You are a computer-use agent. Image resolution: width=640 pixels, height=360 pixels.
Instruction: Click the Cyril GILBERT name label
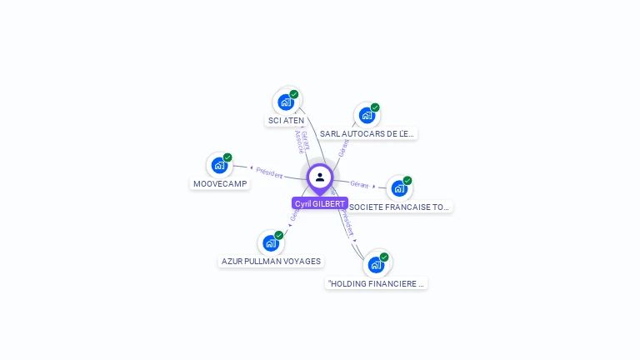[320, 203]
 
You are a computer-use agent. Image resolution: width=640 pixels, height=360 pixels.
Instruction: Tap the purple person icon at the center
[320, 177]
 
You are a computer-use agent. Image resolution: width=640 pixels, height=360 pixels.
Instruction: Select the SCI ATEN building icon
[286, 102]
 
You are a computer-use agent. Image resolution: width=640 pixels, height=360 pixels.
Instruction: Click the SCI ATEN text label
[286, 120]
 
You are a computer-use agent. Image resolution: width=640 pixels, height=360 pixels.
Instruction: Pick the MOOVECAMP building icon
[219, 165]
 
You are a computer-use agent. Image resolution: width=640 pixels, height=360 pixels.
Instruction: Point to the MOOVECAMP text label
[220, 183]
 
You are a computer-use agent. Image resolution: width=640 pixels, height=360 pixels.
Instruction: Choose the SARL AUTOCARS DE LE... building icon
[367, 116]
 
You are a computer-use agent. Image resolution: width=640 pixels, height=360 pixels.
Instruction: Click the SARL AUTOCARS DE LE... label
[367, 133]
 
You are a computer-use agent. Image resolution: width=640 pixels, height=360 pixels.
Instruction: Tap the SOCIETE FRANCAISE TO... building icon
[399, 188]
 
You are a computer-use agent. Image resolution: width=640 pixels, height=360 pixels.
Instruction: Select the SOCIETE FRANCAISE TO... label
[399, 207]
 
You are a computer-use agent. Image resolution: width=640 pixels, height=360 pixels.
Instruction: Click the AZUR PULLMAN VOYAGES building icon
[271, 243]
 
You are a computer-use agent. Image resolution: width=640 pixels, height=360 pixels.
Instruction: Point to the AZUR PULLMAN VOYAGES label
[271, 261]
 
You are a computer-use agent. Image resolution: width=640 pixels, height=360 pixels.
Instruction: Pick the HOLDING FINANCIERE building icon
[376, 265]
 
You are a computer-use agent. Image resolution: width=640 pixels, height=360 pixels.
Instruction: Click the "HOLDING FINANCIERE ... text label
[377, 283]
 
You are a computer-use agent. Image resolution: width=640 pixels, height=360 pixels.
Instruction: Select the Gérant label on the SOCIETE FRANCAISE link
[359, 184]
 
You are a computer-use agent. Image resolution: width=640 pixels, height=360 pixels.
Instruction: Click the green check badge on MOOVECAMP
[227, 157]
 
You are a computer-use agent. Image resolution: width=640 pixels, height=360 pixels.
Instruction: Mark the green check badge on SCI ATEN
[294, 94]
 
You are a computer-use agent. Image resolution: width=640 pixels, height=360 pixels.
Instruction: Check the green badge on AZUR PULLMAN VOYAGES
[279, 235]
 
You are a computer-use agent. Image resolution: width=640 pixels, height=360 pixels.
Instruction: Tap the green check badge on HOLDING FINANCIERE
[384, 257]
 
